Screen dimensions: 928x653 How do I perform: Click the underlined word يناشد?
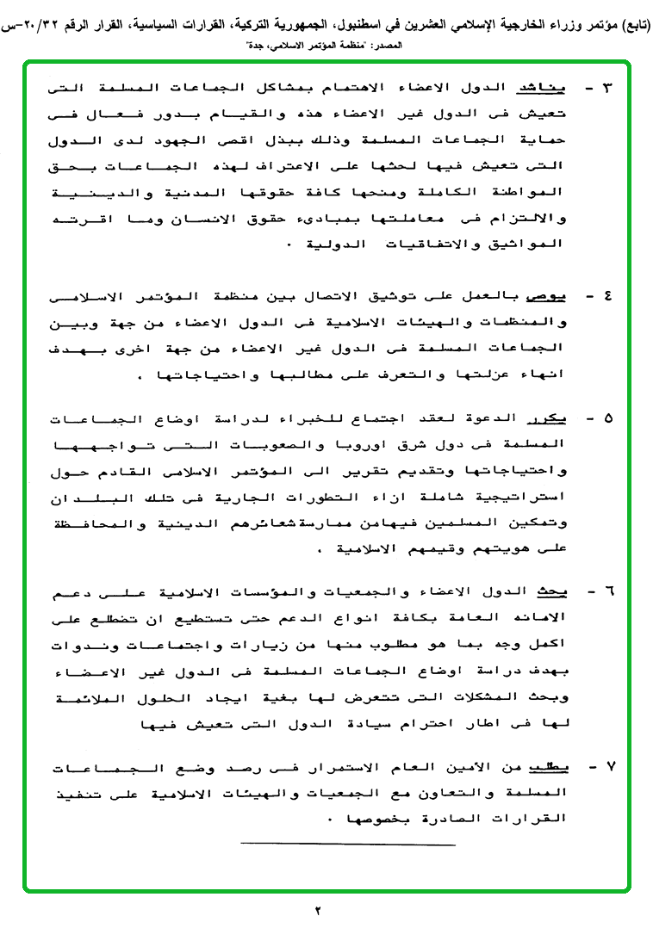543,89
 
